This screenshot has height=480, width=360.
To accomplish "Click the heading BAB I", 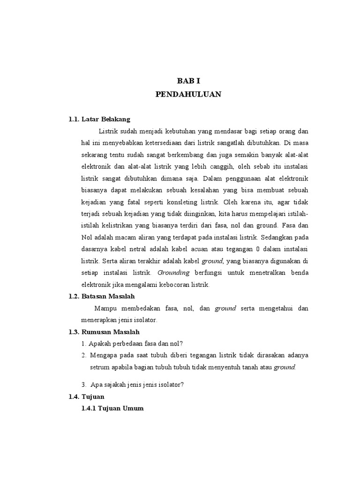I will pyautogui.click(x=188, y=81).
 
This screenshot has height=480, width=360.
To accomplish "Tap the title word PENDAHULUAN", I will pyautogui.click(x=188, y=94).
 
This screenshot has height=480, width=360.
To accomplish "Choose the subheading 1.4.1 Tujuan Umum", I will pyautogui.click(x=112, y=408).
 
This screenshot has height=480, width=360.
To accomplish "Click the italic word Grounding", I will pyautogui.click(x=173, y=273).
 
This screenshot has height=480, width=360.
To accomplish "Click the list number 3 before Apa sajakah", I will pyautogui.click(x=83, y=385).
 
